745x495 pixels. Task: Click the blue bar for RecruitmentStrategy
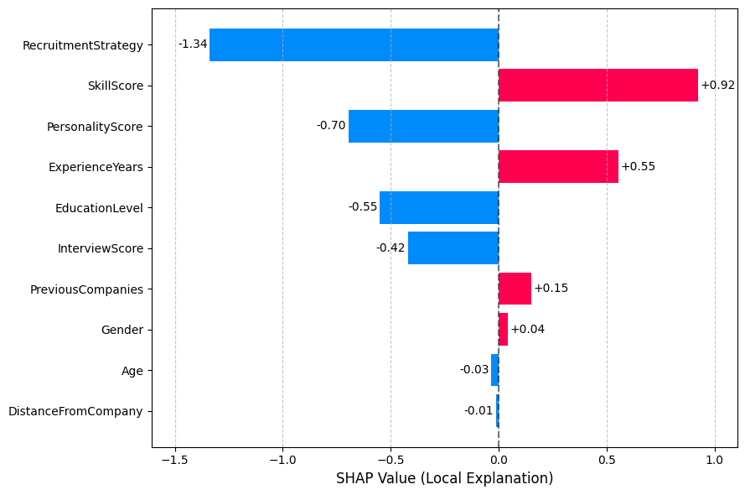(x=354, y=44)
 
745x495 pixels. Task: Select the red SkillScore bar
(x=598, y=85)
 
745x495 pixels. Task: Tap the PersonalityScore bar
(x=423, y=126)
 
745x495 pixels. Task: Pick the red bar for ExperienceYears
(x=558, y=166)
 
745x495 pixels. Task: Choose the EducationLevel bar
(x=439, y=207)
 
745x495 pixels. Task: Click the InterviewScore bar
(x=453, y=248)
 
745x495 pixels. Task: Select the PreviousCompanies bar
(x=515, y=289)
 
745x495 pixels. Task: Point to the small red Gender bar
(x=503, y=330)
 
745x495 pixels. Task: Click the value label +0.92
(x=718, y=85)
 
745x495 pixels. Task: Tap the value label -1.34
(x=193, y=44)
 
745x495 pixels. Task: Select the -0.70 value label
(x=331, y=126)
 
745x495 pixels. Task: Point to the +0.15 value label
(x=551, y=289)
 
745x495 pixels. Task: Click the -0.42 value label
(x=391, y=248)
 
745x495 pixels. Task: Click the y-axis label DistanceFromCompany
(x=75, y=411)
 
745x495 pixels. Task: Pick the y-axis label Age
(x=132, y=371)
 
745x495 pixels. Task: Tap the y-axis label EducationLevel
(x=99, y=207)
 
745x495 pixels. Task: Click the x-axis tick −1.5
(x=174, y=461)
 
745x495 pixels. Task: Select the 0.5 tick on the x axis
(x=607, y=461)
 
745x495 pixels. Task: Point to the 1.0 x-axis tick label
(x=715, y=461)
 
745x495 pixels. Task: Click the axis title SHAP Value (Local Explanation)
(x=444, y=479)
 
